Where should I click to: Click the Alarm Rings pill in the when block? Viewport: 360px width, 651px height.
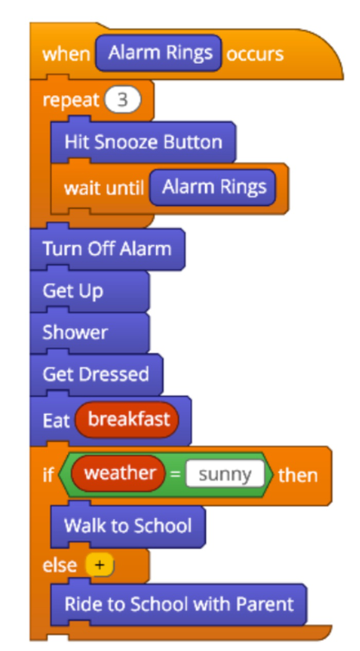[158, 52]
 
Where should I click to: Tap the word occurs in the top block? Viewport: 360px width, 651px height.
[255, 53]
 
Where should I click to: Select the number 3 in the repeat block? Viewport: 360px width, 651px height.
[123, 100]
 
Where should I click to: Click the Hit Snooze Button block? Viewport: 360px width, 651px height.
[144, 142]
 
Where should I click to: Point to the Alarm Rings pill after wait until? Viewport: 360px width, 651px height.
[212, 187]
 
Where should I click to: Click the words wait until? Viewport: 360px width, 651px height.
[104, 188]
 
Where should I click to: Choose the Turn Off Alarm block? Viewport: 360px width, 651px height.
[107, 248]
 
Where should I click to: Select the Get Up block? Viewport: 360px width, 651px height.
[89, 290]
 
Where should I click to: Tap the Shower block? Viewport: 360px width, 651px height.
[89, 332]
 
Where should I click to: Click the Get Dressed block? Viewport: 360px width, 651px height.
[96, 374]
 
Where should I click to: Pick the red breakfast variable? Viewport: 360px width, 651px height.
[127, 420]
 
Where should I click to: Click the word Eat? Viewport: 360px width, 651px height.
[56, 420]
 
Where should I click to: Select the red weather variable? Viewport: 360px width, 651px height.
[118, 473]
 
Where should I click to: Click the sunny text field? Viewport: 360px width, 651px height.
[225, 474]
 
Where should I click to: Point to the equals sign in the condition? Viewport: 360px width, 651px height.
[175, 474]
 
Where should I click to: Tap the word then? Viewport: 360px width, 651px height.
[298, 475]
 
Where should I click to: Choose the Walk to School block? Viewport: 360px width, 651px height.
[128, 526]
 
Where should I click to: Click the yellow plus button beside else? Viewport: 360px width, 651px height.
[99, 565]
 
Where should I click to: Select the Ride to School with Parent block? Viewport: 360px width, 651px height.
[179, 603]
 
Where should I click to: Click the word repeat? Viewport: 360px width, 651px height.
[71, 101]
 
